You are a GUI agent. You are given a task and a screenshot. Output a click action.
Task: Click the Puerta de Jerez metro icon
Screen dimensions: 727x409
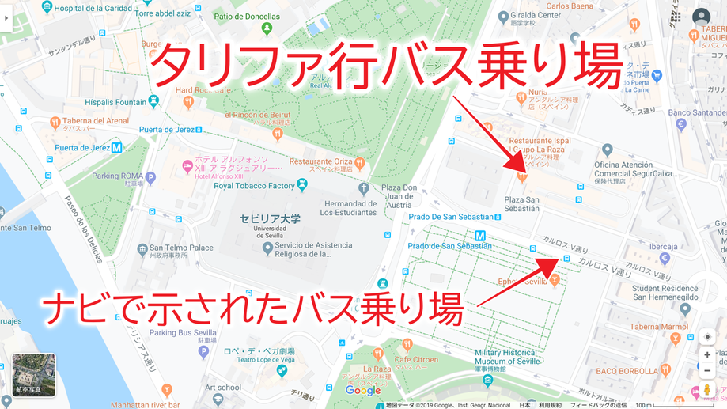click(x=116, y=147)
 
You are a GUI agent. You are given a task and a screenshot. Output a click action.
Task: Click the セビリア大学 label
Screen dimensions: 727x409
click(x=270, y=219)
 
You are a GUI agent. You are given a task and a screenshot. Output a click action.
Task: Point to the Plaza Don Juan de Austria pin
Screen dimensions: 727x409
click(x=363, y=188)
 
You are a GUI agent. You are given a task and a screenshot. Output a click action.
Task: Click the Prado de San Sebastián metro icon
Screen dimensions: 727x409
click(x=480, y=234)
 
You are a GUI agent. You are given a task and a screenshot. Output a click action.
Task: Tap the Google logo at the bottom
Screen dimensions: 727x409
click(x=363, y=391)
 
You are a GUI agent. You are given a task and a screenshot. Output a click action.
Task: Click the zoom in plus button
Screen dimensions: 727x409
click(x=707, y=355)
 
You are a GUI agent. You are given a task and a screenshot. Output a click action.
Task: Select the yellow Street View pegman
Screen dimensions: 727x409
click(x=707, y=390)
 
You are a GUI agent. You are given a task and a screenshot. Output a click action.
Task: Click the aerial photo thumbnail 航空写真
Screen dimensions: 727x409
click(x=34, y=375)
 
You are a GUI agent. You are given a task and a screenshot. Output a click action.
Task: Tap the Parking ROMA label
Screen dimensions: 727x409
click(x=117, y=176)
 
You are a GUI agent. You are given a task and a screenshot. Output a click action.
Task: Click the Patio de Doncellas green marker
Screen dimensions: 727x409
click(x=267, y=28)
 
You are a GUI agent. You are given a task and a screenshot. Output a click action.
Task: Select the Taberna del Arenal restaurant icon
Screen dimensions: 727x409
click(x=55, y=123)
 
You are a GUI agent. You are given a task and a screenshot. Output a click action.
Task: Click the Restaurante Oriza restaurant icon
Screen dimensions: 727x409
click(x=359, y=163)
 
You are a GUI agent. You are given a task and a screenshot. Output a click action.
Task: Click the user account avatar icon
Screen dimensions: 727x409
click(x=701, y=17)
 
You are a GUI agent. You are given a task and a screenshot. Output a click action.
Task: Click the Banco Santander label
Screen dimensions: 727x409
click(x=697, y=112)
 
